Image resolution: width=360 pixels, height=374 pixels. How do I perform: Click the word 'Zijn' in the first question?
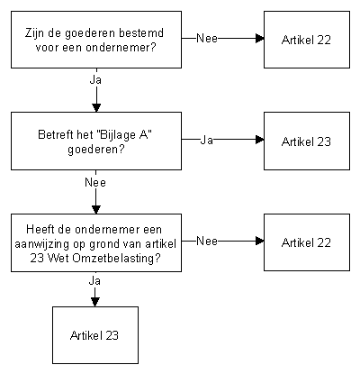[34, 32]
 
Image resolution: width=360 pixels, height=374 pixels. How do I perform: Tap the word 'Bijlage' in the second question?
[117, 135]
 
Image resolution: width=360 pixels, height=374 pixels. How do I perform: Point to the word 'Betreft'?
[56, 134]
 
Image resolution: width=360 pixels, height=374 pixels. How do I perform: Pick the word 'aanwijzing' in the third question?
[42, 244]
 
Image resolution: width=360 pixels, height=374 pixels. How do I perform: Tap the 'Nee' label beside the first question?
[207, 39]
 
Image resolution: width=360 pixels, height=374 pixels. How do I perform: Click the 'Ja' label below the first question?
[95, 80]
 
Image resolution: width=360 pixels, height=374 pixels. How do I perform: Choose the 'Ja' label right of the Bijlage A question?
[206, 140]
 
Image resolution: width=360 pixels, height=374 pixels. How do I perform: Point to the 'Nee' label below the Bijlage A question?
[95, 182]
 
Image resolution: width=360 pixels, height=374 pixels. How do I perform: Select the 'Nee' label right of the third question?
[207, 241]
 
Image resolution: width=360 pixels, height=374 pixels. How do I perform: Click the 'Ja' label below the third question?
[94, 281]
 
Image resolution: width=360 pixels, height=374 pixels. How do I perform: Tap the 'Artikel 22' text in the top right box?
[306, 40]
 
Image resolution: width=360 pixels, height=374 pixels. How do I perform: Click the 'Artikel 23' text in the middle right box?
[306, 141]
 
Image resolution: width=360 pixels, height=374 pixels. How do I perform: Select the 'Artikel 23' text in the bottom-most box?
[94, 335]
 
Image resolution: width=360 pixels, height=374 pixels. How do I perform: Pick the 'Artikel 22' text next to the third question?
[306, 242]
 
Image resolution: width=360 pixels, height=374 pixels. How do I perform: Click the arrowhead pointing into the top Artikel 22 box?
[260, 39]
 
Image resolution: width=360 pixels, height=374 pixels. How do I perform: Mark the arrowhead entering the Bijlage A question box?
[96, 108]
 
